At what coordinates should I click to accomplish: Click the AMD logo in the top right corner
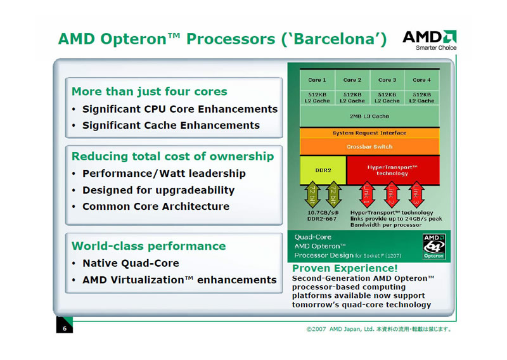[x=430, y=40]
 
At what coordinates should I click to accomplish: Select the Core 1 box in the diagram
[x=318, y=80]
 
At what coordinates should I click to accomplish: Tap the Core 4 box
[x=422, y=80]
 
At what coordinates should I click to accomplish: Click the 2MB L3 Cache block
[x=369, y=116]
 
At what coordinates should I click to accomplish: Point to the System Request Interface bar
[x=369, y=133]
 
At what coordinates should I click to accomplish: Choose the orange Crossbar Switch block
[x=369, y=146]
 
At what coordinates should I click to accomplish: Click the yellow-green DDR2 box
[x=323, y=170]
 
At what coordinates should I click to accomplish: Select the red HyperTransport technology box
[x=393, y=170]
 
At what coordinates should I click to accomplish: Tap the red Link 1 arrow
[x=367, y=195]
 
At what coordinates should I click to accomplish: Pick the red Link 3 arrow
[x=416, y=195]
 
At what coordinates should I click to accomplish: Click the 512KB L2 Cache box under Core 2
[x=352, y=98]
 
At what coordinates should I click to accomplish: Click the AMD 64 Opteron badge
[x=434, y=247]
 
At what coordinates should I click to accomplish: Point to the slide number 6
[x=65, y=328]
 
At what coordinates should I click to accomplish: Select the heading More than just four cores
[x=150, y=91]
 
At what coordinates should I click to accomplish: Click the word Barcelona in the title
[x=334, y=39]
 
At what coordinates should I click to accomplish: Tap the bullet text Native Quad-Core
[x=131, y=263]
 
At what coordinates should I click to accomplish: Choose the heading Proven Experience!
[x=345, y=268]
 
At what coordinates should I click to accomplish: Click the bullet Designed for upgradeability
[x=158, y=190]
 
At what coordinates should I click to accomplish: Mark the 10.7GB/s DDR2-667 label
[x=323, y=215]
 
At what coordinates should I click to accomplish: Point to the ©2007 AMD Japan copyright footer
[x=379, y=330]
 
